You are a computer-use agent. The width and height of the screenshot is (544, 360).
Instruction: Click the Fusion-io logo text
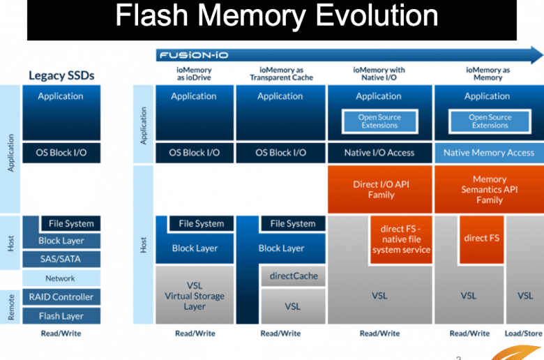(194, 55)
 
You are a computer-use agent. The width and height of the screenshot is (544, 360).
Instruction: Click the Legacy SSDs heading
(61, 75)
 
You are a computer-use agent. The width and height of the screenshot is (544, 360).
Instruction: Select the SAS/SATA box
(61, 259)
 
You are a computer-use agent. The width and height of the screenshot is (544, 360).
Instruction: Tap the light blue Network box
(61, 278)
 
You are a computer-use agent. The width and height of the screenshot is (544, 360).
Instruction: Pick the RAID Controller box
(61, 297)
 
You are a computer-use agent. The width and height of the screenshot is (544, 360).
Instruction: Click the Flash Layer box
(61, 316)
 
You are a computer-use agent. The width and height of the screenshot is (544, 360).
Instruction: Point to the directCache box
(293, 276)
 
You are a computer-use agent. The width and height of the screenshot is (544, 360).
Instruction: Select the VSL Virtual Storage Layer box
(195, 295)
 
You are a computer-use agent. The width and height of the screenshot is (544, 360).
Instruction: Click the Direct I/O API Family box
(380, 189)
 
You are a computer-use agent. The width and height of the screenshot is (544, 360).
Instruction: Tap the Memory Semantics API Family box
(489, 189)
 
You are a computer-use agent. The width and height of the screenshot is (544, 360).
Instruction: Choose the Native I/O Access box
(380, 153)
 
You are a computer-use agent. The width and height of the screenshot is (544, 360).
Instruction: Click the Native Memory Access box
(489, 153)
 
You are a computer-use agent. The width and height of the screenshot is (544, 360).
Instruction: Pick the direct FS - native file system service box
(401, 239)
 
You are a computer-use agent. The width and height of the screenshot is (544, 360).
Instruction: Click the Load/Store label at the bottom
(524, 333)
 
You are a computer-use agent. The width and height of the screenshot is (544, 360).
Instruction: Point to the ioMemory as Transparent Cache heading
(281, 73)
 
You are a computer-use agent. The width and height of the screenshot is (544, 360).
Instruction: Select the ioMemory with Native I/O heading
(379, 73)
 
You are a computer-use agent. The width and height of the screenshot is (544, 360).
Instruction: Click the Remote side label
(10, 307)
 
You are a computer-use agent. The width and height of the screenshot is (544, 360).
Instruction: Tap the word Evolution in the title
(377, 15)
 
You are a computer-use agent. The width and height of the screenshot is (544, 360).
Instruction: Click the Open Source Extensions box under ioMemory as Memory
(490, 121)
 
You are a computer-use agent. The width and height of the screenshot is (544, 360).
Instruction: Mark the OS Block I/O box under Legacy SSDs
(61, 153)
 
